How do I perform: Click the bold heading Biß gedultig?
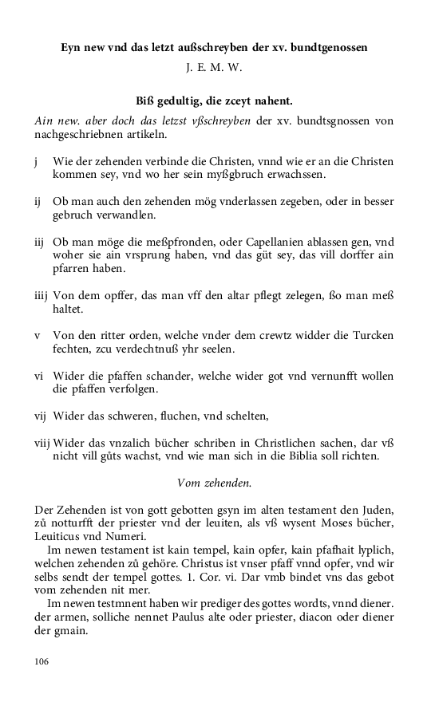pos(215,101)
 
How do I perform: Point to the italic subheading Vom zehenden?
pos(214,482)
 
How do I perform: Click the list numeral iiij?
pos(42,296)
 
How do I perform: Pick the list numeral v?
pos(38,335)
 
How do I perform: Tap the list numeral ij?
pos(38,201)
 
